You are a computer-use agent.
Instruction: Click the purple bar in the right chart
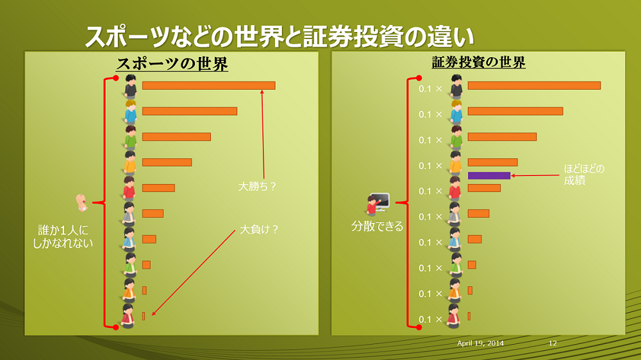click(489, 176)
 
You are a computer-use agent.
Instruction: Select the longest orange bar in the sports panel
click(208, 85)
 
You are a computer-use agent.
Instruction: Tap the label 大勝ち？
click(257, 187)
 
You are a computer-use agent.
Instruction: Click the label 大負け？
click(259, 229)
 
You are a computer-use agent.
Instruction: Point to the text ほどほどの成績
click(584, 174)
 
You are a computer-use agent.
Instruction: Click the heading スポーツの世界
click(172, 65)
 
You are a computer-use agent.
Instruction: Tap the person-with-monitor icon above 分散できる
click(378, 204)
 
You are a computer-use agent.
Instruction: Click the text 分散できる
click(377, 226)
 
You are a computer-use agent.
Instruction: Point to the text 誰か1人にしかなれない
click(63, 236)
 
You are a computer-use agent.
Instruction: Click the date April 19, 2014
click(480, 343)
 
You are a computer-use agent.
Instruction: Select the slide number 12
click(553, 343)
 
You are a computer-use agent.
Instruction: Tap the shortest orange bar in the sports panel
click(144, 316)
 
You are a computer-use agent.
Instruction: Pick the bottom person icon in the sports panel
click(129, 316)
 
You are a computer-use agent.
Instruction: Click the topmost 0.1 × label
click(430, 89)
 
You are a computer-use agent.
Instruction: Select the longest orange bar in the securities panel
click(534, 85)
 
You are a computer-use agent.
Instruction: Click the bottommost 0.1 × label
click(430, 319)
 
